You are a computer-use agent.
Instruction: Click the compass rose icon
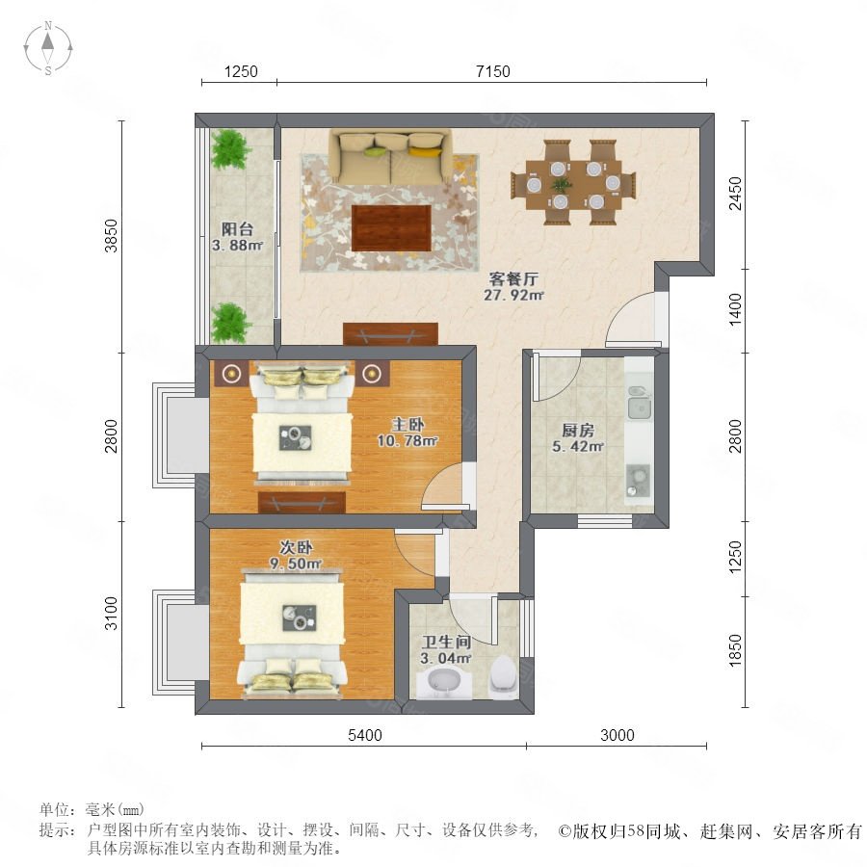[x=48, y=48]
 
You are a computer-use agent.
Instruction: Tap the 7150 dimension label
[x=492, y=71]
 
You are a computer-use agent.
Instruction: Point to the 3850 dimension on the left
[x=112, y=236]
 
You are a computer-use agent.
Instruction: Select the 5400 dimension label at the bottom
[x=365, y=735]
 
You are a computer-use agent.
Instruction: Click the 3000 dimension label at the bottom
[x=617, y=735]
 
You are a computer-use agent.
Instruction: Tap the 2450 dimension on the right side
[x=735, y=194]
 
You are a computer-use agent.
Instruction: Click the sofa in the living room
[x=391, y=156]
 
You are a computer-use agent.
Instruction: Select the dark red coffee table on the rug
[x=391, y=227]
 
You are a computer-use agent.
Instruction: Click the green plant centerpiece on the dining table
[x=560, y=184]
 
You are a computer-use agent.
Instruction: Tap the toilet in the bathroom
[x=503, y=675]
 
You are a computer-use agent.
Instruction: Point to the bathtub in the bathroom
[x=443, y=683]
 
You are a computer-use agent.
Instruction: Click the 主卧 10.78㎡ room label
[x=407, y=433]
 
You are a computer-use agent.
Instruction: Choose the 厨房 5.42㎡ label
[x=578, y=438]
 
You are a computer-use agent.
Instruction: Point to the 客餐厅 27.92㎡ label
[x=513, y=286]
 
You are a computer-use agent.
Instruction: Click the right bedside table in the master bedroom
[x=373, y=374]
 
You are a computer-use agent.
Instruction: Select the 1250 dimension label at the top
[x=241, y=71]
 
